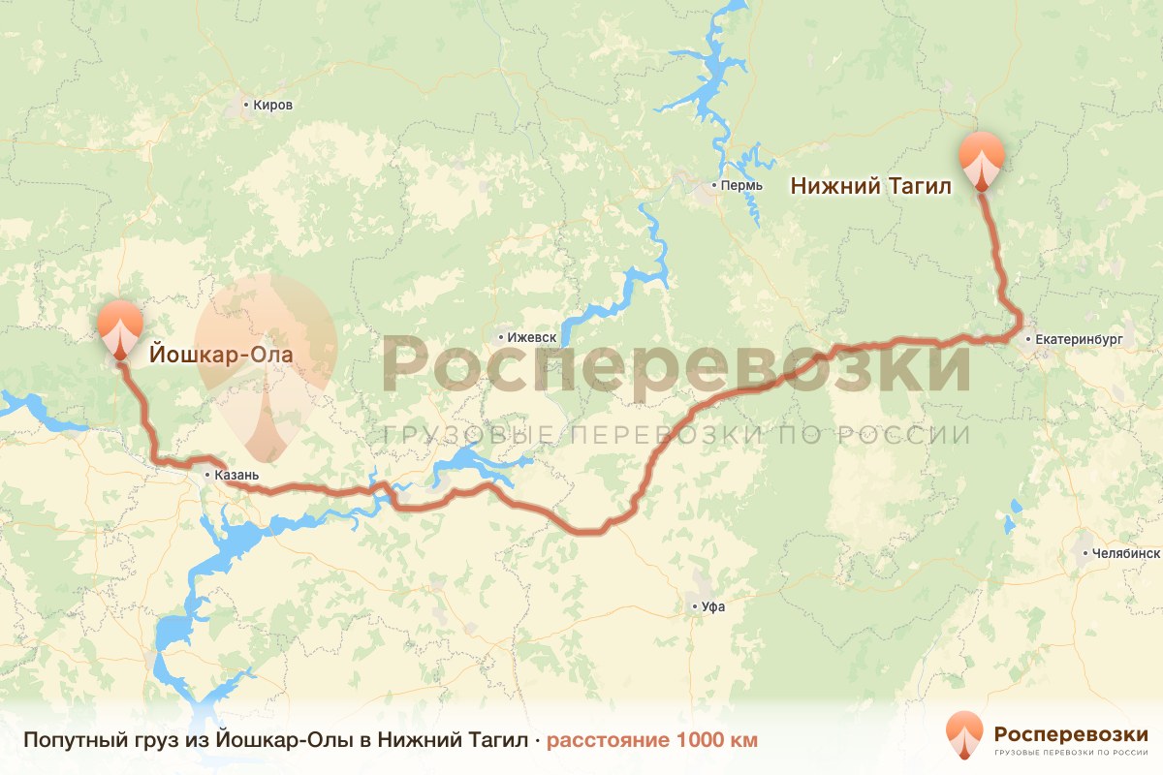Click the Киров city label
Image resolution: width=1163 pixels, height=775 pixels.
tap(272, 105)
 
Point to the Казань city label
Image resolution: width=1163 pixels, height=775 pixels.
tap(237, 476)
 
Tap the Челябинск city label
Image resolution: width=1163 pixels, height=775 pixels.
tap(1125, 553)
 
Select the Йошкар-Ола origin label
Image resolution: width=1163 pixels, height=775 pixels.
tap(220, 356)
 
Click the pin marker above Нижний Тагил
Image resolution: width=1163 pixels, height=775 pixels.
tap(982, 159)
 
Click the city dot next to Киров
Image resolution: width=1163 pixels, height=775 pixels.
tap(246, 105)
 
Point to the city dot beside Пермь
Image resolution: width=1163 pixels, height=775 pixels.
tap(714, 184)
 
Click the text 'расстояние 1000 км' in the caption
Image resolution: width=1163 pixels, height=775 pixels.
tap(652, 740)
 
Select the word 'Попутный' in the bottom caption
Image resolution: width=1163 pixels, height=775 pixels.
tap(66, 740)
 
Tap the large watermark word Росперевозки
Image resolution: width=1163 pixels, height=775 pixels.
tap(676, 364)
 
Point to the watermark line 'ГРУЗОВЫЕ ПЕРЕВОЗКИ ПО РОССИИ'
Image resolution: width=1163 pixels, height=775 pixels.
tap(676, 435)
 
